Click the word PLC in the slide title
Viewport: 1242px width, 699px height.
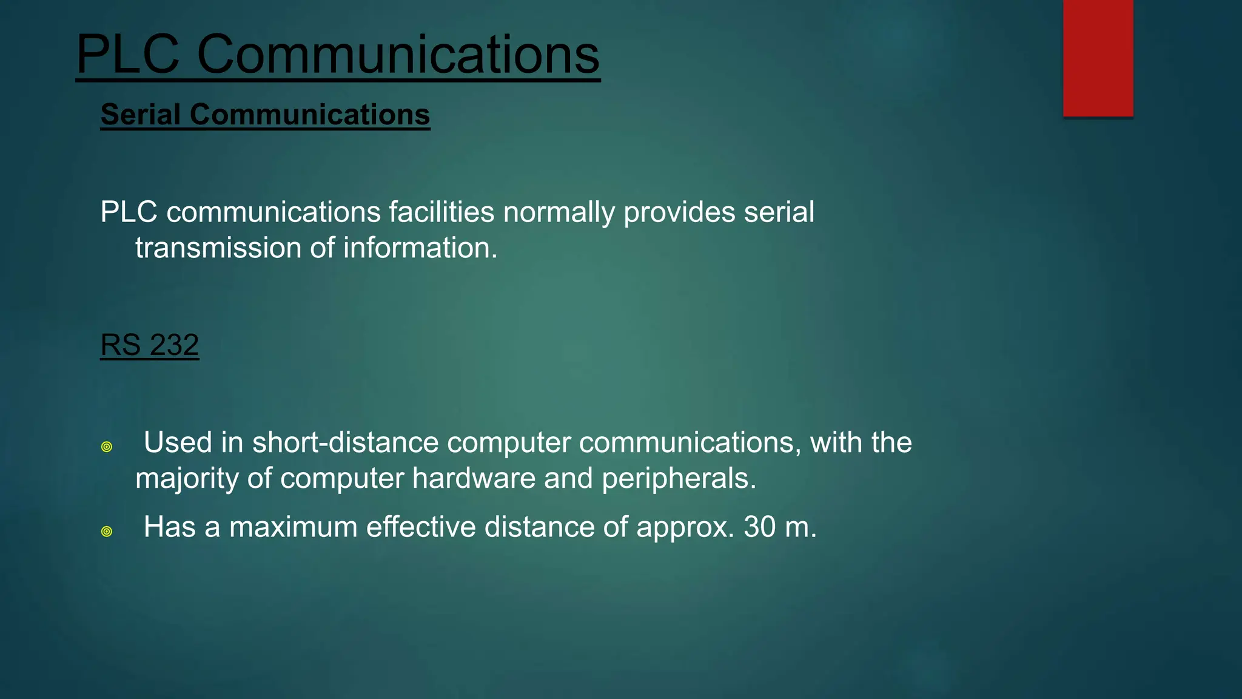point(128,55)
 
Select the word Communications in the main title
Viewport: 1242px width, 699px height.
point(398,55)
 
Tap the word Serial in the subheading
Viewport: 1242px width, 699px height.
point(141,115)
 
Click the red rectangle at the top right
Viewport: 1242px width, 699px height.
point(1098,58)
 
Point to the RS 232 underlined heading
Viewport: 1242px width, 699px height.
point(149,345)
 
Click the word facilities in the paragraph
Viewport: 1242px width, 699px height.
point(441,212)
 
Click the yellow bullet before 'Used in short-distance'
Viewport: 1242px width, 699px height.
point(107,447)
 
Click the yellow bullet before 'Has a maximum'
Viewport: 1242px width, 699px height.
point(107,532)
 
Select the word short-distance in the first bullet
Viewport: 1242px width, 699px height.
point(345,442)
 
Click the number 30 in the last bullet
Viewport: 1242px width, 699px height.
point(760,527)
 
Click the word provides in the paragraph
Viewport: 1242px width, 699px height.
point(679,212)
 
